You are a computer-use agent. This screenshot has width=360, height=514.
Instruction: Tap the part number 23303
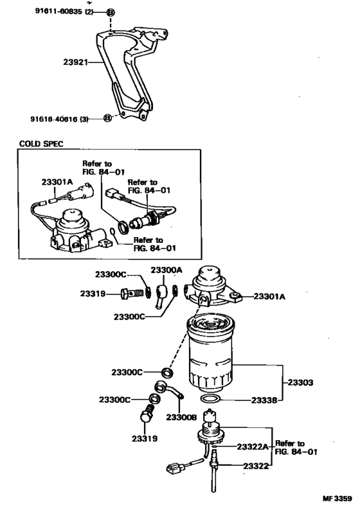[299, 382]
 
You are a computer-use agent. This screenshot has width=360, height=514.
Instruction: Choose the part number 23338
[262, 400]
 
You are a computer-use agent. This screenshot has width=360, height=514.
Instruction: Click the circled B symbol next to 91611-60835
[111, 12]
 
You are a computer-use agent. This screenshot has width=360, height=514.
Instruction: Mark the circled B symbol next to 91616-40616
[108, 118]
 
